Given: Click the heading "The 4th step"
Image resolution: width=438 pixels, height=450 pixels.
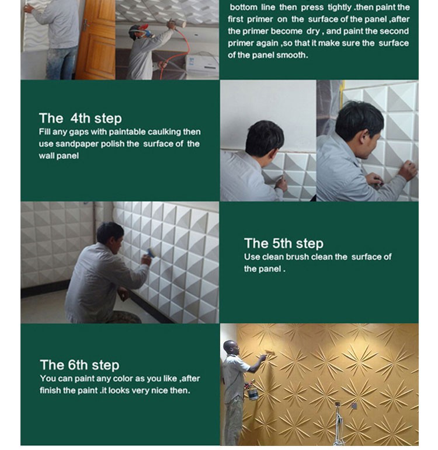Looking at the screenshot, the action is tap(80, 118).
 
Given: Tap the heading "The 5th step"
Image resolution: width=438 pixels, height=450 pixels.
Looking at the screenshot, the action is tap(283, 243).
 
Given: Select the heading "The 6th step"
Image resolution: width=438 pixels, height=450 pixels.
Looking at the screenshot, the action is tap(79, 365).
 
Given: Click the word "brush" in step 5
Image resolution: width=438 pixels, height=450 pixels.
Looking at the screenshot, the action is tap(297, 257).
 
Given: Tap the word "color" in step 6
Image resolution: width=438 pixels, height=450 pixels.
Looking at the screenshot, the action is tap(123, 379).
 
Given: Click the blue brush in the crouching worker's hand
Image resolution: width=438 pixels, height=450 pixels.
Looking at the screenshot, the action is tap(151, 253).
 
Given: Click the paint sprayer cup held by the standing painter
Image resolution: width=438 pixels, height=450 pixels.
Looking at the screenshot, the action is tap(253, 393).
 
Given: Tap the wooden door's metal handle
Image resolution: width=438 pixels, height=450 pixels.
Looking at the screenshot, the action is tap(85, 25).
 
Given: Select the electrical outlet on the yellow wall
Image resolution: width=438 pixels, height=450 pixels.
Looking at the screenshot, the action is tap(354, 406).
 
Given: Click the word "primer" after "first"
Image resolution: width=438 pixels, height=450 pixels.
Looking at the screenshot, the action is tap(260, 19).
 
